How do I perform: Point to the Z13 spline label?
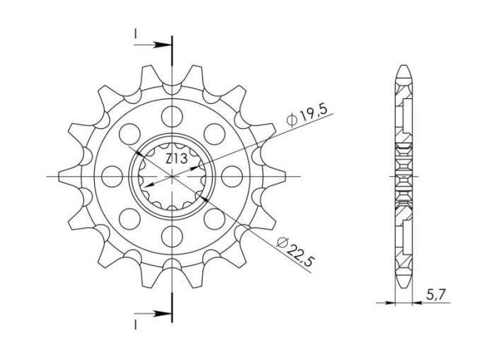coord(176,159)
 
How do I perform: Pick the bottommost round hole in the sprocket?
coord(171,236)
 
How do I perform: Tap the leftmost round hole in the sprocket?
coord(112,175)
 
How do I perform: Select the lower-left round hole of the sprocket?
coord(129,218)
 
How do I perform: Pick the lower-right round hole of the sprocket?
coord(214,218)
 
